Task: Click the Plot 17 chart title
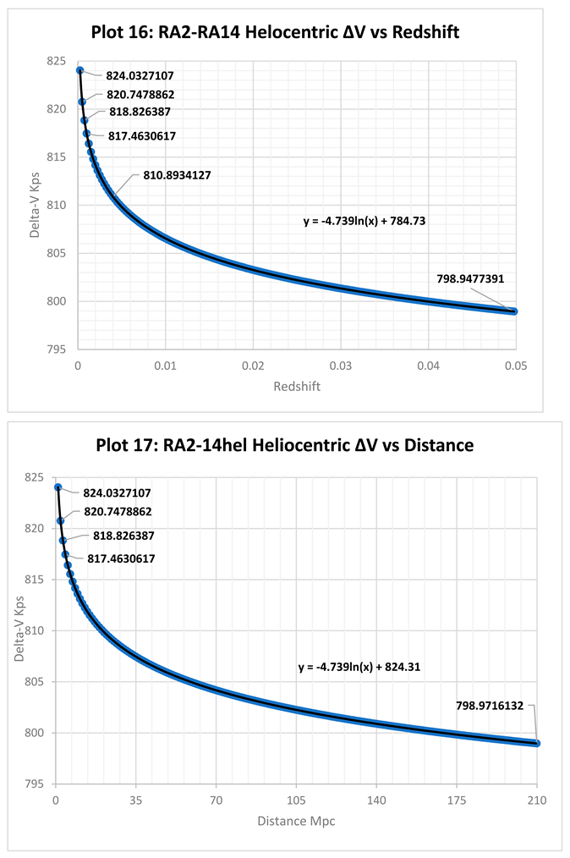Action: click(x=284, y=444)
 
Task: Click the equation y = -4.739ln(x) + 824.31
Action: click(x=359, y=667)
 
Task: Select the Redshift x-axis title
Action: click(x=295, y=387)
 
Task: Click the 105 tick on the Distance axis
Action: click(x=295, y=800)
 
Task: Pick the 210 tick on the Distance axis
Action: click(x=536, y=800)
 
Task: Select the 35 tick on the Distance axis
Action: click(x=135, y=800)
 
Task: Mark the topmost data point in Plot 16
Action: click(x=79, y=70)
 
